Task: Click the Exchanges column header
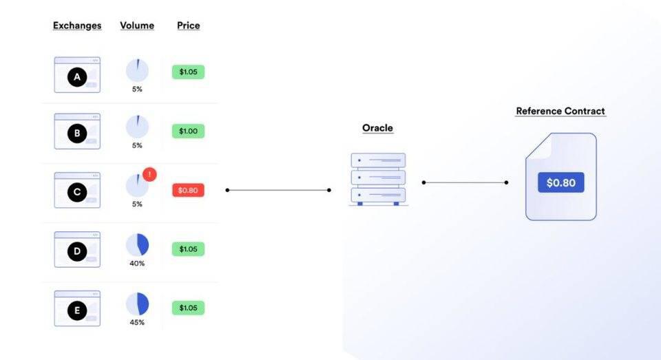tap(77, 25)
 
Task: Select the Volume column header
tap(137, 25)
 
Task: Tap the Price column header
tap(189, 25)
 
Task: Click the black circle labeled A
tap(77, 77)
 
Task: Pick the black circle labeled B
tap(77, 134)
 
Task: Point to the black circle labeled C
tap(77, 192)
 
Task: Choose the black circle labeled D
tap(77, 252)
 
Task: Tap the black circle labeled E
tap(77, 310)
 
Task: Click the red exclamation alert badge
tap(149, 174)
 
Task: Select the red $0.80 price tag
tap(188, 190)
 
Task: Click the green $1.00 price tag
tap(188, 131)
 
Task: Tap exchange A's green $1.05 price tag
tap(188, 72)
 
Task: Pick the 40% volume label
tap(137, 264)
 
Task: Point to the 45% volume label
tap(137, 322)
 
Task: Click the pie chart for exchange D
tap(138, 245)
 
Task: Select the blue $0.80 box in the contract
tap(560, 182)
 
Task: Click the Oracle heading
tap(378, 128)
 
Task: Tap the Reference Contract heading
tap(560, 112)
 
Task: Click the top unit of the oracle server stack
tap(378, 160)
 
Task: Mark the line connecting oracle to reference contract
tap(465, 182)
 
